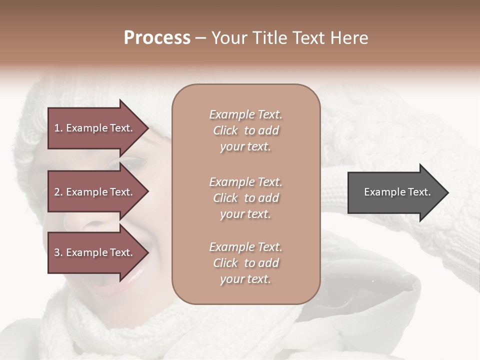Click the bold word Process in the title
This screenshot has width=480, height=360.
[x=157, y=38]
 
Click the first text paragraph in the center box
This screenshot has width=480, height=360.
[x=245, y=130]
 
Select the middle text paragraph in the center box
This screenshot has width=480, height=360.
[x=245, y=198]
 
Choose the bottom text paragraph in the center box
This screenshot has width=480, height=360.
[x=245, y=263]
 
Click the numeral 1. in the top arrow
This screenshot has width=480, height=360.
[x=58, y=128]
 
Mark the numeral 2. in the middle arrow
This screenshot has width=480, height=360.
[x=58, y=192]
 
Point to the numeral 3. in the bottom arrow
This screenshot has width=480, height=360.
[x=58, y=252]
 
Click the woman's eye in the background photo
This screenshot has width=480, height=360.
[x=132, y=163]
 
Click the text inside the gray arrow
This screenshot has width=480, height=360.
[x=397, y=192]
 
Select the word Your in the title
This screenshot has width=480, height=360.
[x=228, y=38]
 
